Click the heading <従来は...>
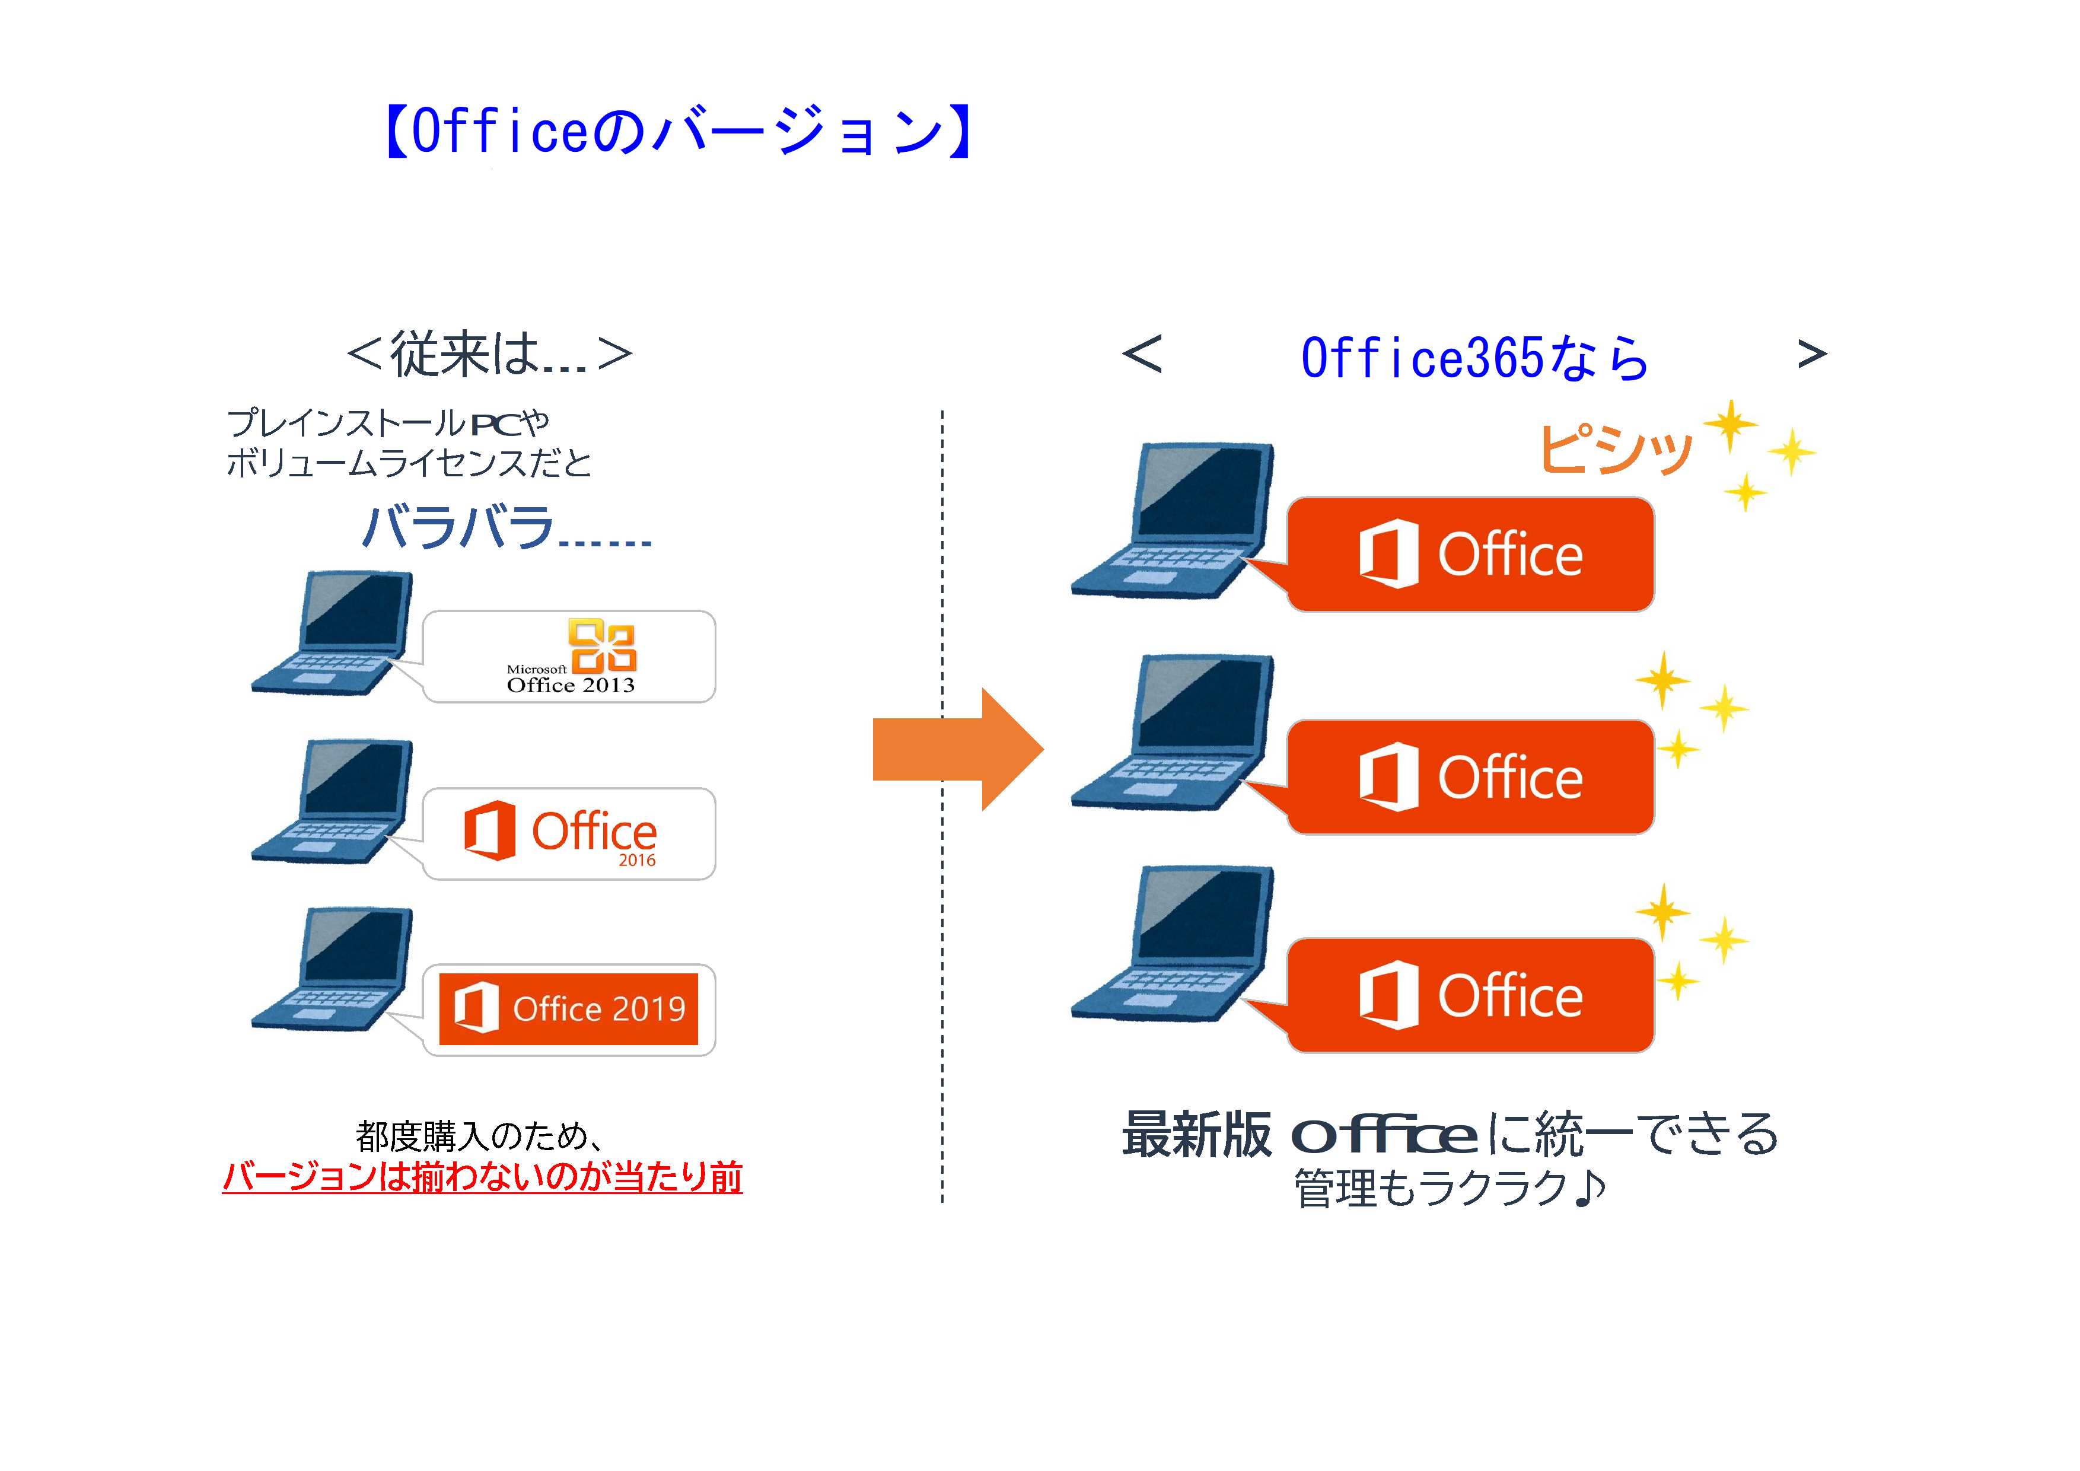(x=489, y=354)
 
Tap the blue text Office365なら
(x=1474, y=357)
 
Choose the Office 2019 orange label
(x=569, y=1009)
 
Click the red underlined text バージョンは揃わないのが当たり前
(x=482, y=1177)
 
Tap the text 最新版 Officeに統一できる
(x=1450, y=1134)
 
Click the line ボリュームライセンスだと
(x=409, y=463)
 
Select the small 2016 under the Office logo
(x=637, y=859)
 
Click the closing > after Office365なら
(x=1812, y=354)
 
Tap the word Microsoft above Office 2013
(x=536, y=670)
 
